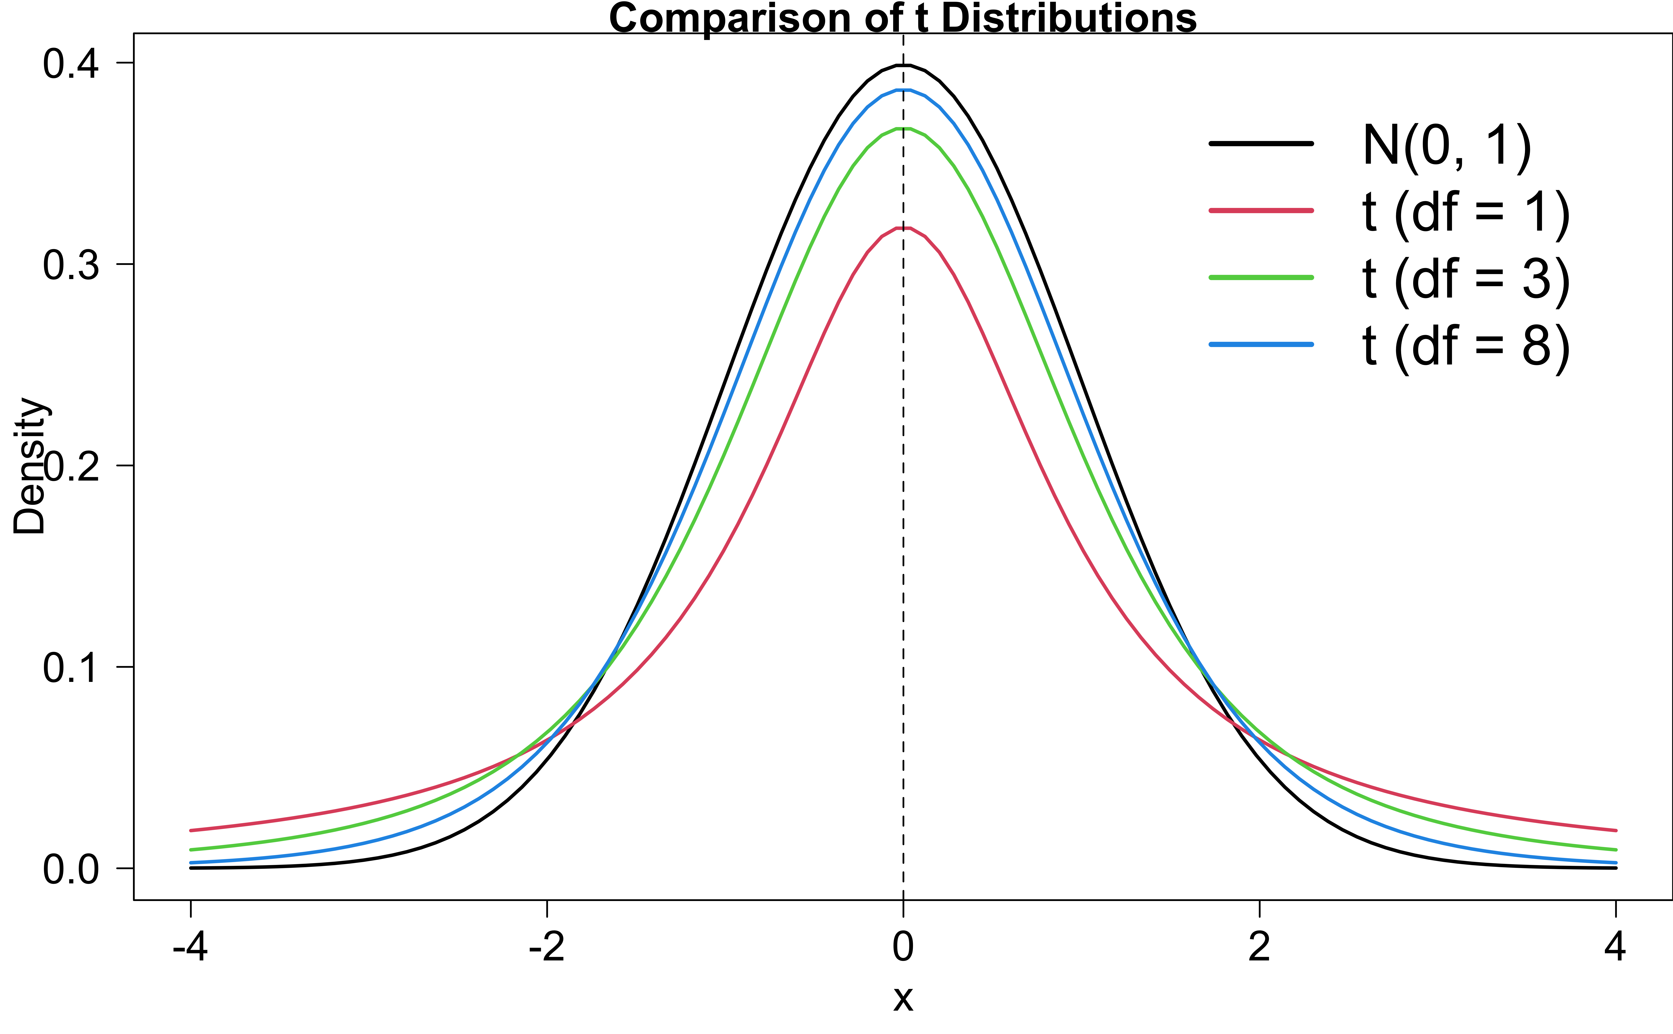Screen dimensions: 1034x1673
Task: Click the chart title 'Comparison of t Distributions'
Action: click(x=903, y=18)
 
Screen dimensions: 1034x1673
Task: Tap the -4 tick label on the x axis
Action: click(x=190, y=947)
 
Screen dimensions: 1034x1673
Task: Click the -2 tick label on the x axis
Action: click(x=546, y=947)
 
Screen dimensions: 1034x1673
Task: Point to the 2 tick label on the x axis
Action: click(x=1259, y=947)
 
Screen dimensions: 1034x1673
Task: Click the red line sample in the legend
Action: click(x=1261, y=211)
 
